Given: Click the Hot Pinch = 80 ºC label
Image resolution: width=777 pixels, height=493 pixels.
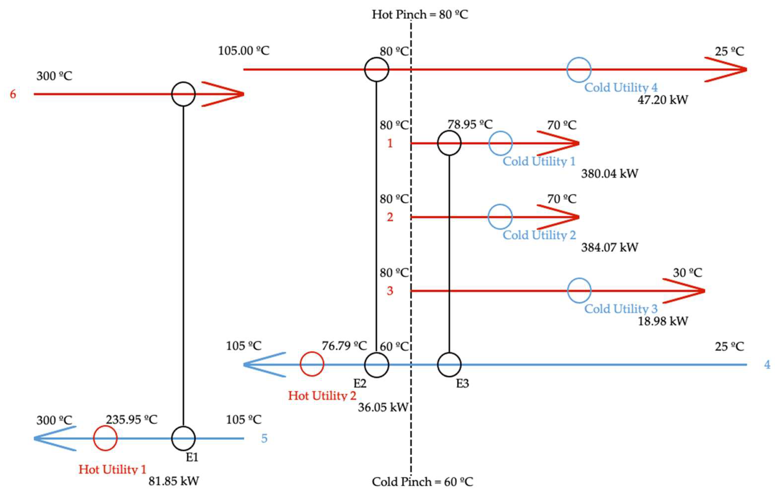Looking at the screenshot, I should point(420,14).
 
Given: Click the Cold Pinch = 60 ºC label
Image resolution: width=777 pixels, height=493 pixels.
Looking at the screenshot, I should point(422,482).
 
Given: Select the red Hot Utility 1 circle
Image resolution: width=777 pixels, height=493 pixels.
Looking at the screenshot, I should point(105,438).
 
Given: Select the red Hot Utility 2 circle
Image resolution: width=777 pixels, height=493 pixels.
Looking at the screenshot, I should point(312,364).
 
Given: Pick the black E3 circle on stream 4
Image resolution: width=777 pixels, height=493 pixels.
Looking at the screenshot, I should point(449,364).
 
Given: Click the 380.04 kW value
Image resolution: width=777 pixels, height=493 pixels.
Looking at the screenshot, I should point(610,174).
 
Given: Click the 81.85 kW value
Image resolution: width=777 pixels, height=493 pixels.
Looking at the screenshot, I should point(174,481).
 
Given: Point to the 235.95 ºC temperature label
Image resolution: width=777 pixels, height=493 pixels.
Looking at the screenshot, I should point(132,420).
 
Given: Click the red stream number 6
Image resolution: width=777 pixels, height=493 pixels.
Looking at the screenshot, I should point(13,94).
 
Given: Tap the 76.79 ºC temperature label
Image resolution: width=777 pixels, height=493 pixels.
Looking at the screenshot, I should point(344,346).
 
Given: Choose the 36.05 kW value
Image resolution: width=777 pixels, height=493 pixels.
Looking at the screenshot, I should point(383,407).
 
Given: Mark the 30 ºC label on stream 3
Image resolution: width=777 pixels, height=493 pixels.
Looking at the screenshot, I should point(687,273).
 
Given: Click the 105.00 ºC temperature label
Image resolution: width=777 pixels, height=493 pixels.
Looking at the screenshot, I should point(244,51).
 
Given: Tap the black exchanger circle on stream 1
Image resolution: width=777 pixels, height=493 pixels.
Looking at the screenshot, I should point(449,143).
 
